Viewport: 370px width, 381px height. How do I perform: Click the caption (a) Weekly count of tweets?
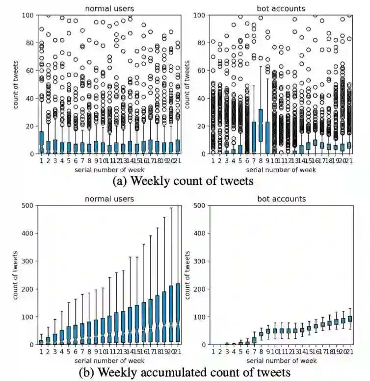point(183,181)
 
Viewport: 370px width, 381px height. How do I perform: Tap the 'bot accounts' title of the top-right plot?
point(280,8)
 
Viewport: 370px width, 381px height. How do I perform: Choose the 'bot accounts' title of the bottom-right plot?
point(280,199)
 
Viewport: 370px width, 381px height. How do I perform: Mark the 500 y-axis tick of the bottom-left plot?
point(26,206)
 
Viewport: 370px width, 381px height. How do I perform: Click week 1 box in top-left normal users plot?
point(41,142)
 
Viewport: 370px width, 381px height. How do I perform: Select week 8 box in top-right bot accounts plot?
point(274,126)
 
